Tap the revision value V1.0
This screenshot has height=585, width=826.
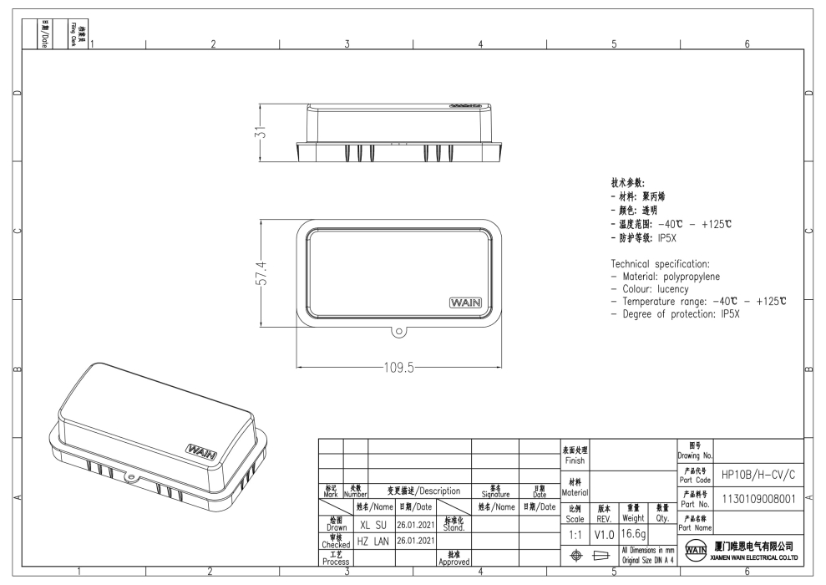604,532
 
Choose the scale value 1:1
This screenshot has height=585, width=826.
574,532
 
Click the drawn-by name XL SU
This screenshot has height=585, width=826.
372,525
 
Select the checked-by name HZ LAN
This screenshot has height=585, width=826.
372,542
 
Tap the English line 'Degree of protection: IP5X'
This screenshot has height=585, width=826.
681,314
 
